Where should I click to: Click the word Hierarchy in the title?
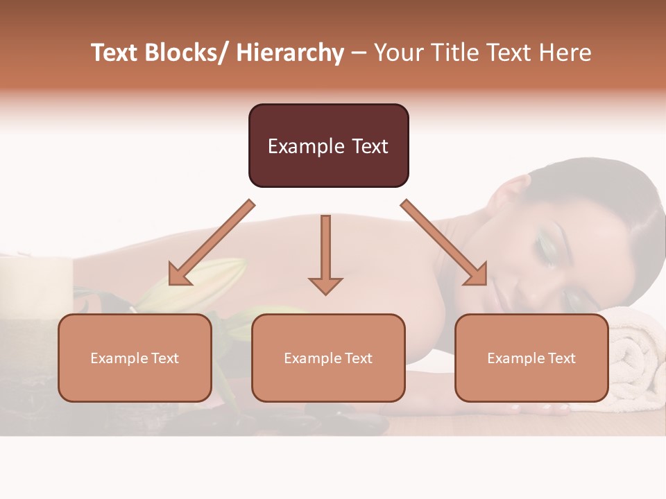(290, 53)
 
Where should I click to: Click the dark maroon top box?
(328, 146)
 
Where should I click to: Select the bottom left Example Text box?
(135, 358)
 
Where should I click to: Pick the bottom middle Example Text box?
(328, 358)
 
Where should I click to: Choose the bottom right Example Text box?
(531, 358)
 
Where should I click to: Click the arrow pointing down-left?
(212, 243)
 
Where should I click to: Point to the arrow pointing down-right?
(444, 243)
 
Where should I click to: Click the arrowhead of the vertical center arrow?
(325, 285)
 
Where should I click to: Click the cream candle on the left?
(35, 284)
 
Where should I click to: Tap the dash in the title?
(359, 53)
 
